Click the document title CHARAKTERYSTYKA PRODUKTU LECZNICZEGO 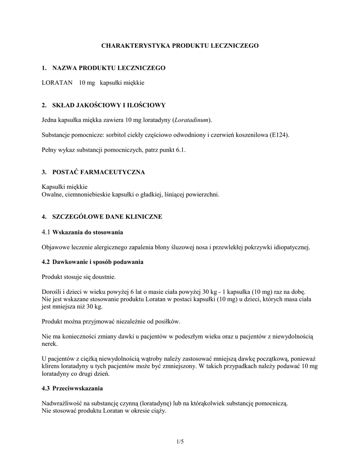(x=180, y=46)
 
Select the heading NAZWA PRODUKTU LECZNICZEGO (x=109, y=68)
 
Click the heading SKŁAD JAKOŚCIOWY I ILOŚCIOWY (x=109, y=105)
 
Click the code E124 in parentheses (x=279, y=135)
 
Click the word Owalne (x=51, y=194)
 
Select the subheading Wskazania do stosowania (x=88, y=233)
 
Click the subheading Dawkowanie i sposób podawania (x=98, y=262)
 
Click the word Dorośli (x=52, y=292)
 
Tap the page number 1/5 (x=180, y=442)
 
